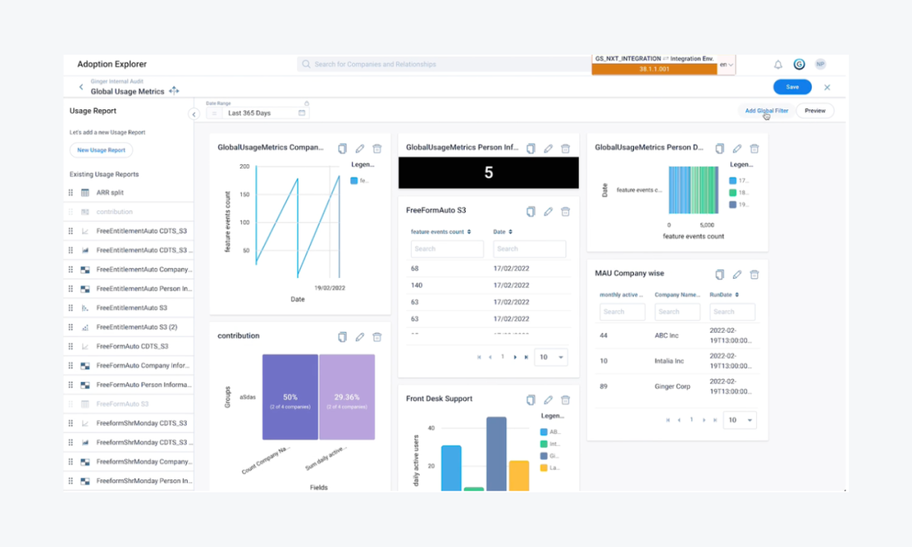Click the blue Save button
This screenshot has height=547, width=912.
792,87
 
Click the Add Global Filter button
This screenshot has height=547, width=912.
766,111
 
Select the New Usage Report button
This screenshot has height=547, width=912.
101,150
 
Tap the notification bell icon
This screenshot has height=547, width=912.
778,65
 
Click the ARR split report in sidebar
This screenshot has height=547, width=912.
110,193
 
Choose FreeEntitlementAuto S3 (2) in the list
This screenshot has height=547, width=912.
136,327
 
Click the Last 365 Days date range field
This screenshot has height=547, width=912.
258,113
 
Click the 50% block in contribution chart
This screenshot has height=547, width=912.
290,397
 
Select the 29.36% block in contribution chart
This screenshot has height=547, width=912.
347,397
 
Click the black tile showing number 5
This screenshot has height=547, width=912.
489,173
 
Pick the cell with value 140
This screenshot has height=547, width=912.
416,285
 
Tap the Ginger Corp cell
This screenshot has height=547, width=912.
673,387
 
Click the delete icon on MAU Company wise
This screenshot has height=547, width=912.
754,274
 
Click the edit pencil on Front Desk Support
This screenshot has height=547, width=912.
548,400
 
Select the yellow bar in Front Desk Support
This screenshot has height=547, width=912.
519,476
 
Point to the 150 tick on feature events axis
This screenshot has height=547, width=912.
245,194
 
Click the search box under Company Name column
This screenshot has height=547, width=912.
677,311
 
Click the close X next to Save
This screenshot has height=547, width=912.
827,87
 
